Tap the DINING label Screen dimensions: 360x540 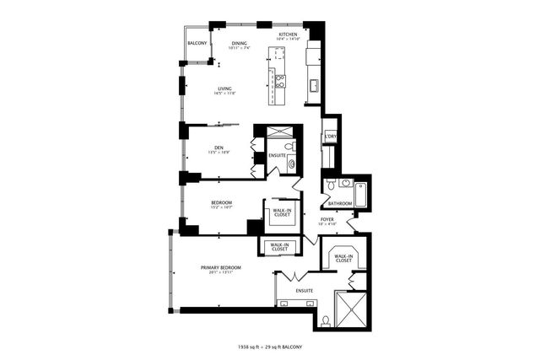pos(240,43)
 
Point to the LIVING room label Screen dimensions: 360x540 pos(224,88)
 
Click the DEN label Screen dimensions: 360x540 pos(219,148)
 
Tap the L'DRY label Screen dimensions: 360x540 pos(330,137)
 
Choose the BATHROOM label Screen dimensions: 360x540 pos(340,203)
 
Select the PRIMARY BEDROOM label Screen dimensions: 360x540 pos(220,267)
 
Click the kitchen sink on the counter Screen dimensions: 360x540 pos(312,83)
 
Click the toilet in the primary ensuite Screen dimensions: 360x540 pos(327,320)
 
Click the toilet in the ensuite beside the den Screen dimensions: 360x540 pos(288,148)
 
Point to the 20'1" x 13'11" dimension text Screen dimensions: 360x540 pos(220,273)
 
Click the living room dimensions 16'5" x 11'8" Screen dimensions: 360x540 pos(224,93)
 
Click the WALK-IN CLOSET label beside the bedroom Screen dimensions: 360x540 pos(282,212)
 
